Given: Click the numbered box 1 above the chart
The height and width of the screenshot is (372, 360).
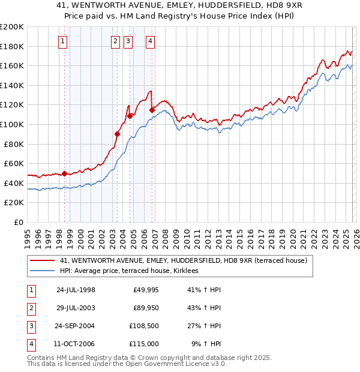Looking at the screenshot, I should click(x=64, y=41).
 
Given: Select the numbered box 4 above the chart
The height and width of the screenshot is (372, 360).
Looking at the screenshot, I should click(x=149, y=41).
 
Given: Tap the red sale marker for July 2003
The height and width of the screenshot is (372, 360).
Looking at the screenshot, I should click(x=118, y=134).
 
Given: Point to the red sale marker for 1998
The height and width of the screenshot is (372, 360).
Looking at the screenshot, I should click(x=64, y=173).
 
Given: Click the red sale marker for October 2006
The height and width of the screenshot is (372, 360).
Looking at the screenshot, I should click(x=152, y=110).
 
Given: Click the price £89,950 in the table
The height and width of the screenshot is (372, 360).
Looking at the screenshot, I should click(x=145, y=308).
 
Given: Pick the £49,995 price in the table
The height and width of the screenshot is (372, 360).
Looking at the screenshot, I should click(x=145, y=290).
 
